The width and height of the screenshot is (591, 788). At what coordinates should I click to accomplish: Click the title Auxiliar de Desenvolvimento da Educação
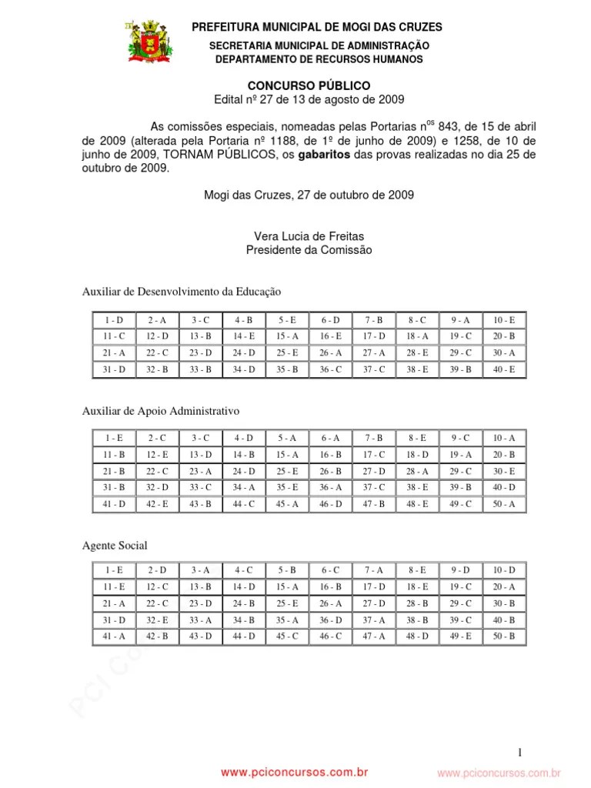pos(182,292)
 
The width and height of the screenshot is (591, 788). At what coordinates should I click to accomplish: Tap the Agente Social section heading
pos(115,545)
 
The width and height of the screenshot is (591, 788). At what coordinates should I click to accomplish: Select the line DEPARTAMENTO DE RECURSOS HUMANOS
pos(319,59)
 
